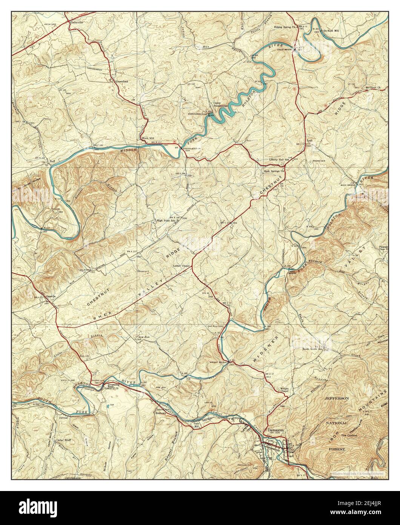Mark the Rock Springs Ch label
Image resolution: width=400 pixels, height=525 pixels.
pyautogui.click(x=274, y=171)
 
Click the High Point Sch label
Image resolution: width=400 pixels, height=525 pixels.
pyautogui.click(x=166, y=221)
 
